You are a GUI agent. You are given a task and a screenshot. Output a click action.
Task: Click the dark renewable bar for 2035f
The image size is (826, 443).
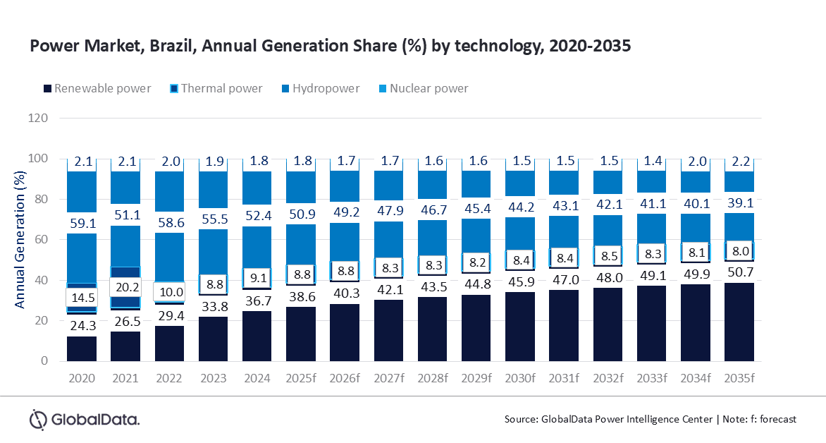click(x=739, y=322)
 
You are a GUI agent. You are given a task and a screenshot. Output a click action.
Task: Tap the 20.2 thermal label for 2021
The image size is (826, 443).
click(x=126, y=288)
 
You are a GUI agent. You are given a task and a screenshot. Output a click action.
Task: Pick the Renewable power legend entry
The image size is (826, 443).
click(x=97, y=88)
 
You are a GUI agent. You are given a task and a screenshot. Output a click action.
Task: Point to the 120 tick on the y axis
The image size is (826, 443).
click(x=38, y=118)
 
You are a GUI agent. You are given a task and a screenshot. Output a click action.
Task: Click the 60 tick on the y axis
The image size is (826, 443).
click(x=41, y=240)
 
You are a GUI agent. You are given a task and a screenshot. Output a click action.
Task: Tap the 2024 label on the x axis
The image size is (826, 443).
click(x=257, y=378)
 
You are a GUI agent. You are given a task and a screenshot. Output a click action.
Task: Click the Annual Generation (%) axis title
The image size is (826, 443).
click(x=20, y=240)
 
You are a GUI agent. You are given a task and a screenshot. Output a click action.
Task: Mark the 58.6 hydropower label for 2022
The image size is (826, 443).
click(x=170, y=221)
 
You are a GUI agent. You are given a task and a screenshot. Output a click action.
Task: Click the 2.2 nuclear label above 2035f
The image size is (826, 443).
click(x=739, y=162)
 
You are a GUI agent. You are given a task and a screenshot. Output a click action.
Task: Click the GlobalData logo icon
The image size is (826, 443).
click(x=37, y=419)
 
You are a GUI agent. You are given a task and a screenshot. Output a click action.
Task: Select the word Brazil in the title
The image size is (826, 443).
click(x=158, y=47)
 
